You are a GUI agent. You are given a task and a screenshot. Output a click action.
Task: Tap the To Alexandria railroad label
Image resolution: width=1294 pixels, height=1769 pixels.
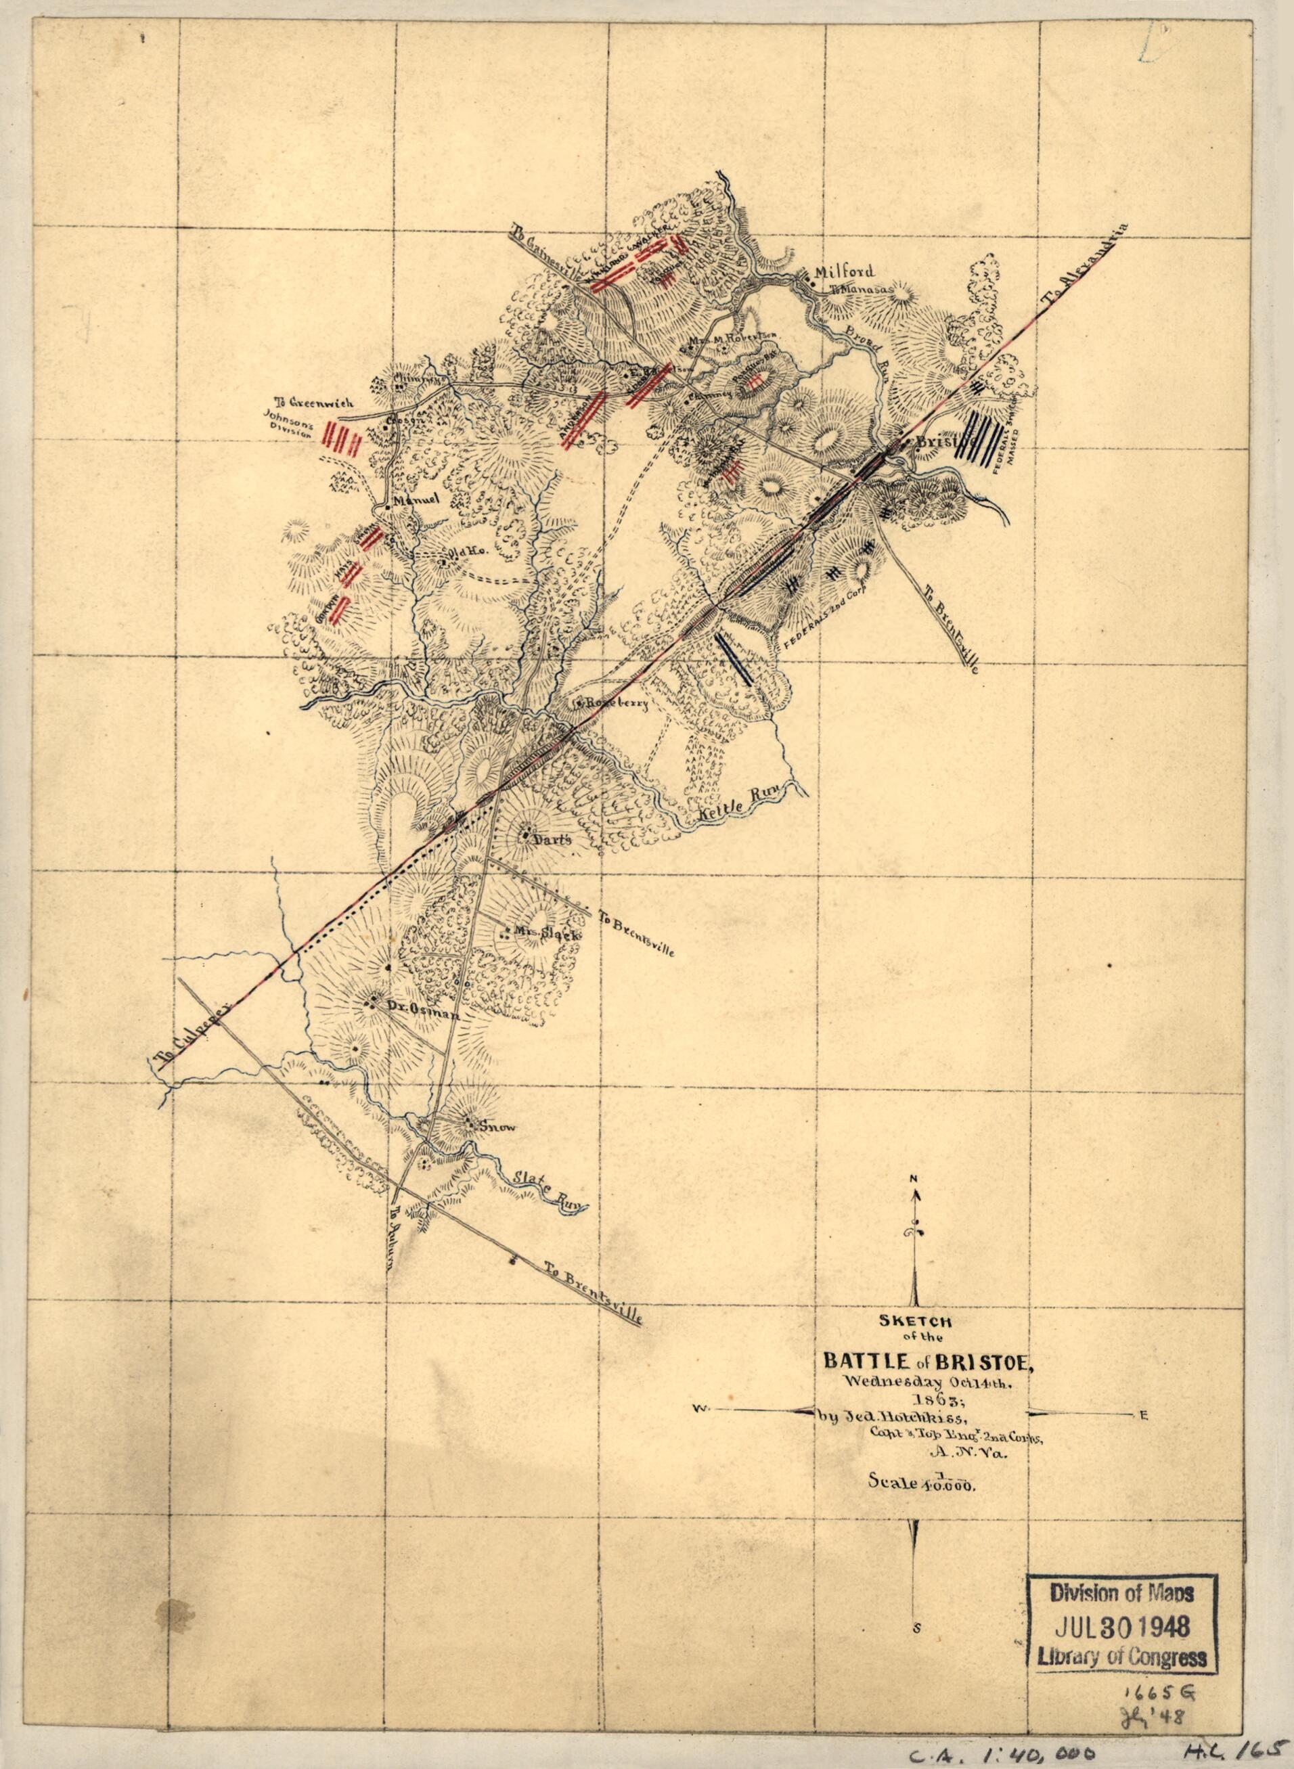click(x=1085, y=268)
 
